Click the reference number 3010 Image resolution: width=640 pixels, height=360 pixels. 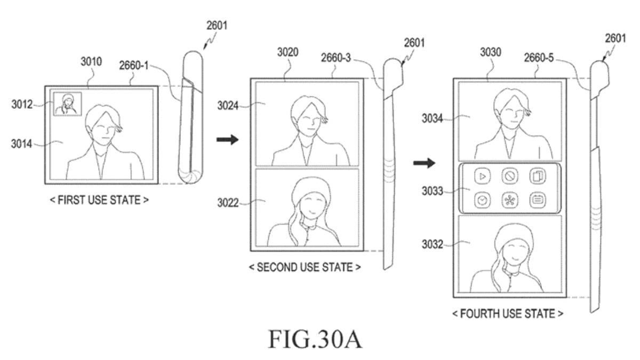(x=91, y=61)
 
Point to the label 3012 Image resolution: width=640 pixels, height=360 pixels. (x=22, y=105)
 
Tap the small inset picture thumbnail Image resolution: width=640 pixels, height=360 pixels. (x=67, y=104)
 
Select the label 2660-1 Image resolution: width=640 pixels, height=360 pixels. (x=134, y=66)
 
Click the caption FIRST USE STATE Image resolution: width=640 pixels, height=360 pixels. (x=99, y=199)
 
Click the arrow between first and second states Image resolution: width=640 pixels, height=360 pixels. (x=227, y=140)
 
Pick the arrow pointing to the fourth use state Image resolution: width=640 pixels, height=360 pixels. (x=425, y=163)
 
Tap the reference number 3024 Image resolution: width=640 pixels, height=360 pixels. (x=228, y=106)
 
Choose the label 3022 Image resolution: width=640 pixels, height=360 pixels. (x=228, y=203)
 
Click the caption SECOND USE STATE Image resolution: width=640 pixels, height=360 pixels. (x=305, y=267)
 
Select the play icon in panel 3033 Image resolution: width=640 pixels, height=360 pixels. (x=483, y=177)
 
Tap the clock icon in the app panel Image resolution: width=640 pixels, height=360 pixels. (x=483, y=201)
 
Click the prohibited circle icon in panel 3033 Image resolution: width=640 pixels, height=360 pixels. (x=510, y=177)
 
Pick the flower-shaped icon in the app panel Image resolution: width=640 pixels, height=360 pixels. (x=510, y=201)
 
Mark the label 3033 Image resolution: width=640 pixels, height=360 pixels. (x=433, y=191)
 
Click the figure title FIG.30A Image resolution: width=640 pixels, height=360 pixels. (x=315, y=339)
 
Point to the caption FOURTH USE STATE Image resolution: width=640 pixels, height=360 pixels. (x=508, y=314)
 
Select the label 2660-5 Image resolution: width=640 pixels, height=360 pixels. (x=539, y=58)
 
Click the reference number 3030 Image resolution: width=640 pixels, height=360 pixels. (x=491, y=52)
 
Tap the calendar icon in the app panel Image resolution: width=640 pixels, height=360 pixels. (x=538, y=201)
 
